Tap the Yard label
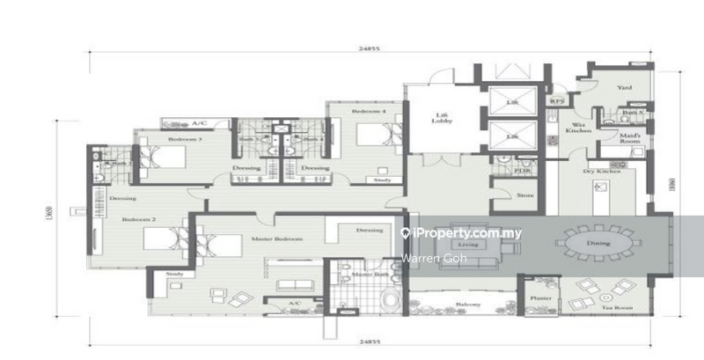(624, 87)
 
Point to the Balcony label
(467, 305)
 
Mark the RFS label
(556, 101)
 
